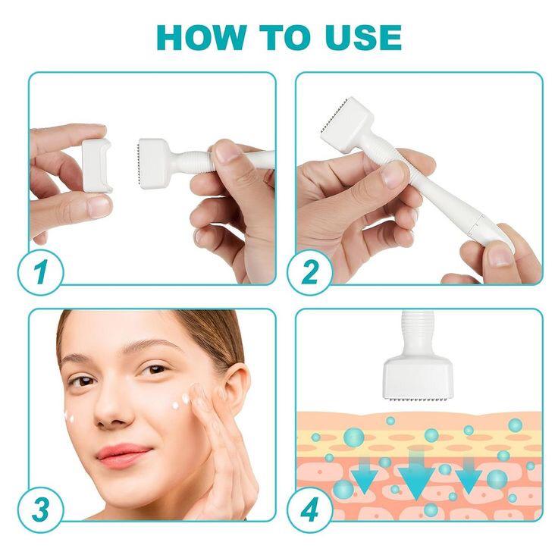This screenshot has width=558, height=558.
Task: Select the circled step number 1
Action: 37,271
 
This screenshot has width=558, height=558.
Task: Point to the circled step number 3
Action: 37,506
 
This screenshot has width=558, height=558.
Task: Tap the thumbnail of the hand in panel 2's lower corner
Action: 499,254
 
